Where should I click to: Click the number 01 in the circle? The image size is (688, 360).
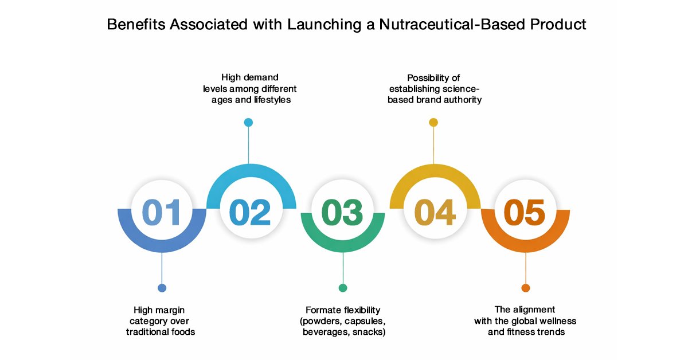click(161, 212)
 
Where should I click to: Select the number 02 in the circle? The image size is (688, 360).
click(250, 212)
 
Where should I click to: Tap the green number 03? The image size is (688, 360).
click(342, 212)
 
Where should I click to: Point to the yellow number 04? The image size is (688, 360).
click(435, 212)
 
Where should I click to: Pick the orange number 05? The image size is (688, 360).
click(525, 212)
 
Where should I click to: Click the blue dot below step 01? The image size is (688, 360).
click(162, 288)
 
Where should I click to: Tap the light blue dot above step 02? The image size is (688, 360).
click(248, 122)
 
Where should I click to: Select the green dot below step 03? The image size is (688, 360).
click(343, 288)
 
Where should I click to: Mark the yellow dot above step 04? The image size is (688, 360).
click(433, 122)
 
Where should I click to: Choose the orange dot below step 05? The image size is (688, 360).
click(526, 288)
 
